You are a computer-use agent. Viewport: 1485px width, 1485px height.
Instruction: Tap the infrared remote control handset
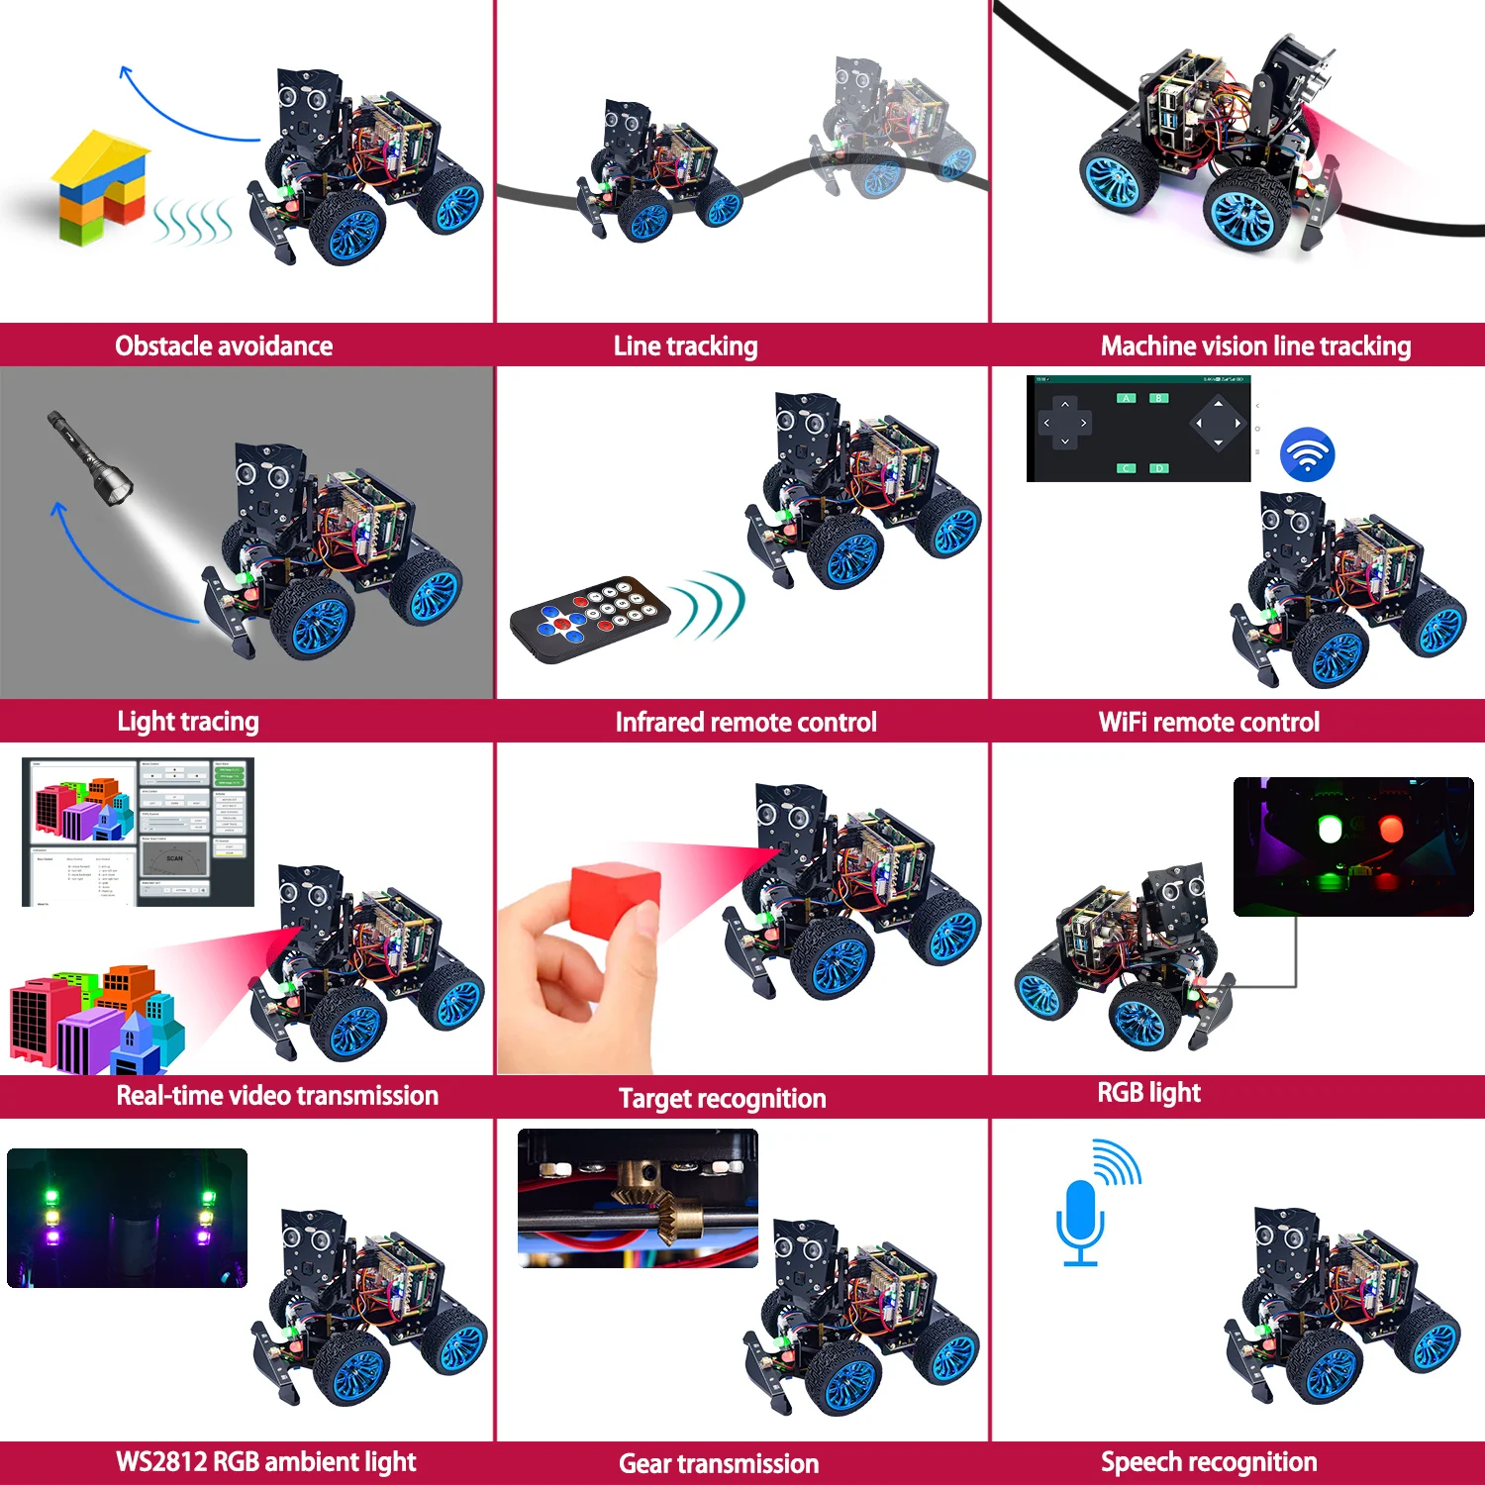589,619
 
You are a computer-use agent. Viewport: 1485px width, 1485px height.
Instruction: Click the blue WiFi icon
1308,454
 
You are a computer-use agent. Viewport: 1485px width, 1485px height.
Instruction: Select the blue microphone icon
1080,1218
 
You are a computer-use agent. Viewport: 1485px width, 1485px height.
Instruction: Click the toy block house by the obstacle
99,188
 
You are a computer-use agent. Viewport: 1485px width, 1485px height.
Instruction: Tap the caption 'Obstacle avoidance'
224,346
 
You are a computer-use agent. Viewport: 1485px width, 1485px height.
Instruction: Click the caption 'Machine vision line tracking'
1255,346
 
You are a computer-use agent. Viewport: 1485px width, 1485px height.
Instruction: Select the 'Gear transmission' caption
719,1463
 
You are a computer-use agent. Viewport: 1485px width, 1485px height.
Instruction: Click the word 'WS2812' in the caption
161,1462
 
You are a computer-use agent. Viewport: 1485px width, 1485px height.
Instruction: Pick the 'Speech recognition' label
1209,1462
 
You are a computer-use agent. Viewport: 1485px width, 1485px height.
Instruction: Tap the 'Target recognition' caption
723,1098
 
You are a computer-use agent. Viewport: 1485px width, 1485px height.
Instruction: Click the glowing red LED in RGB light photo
1391,828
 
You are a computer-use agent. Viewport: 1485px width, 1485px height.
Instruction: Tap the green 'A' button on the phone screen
1127,398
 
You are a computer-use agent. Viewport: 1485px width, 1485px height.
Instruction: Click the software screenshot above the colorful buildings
138,832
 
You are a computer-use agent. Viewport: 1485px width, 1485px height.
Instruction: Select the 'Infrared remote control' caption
746,722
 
